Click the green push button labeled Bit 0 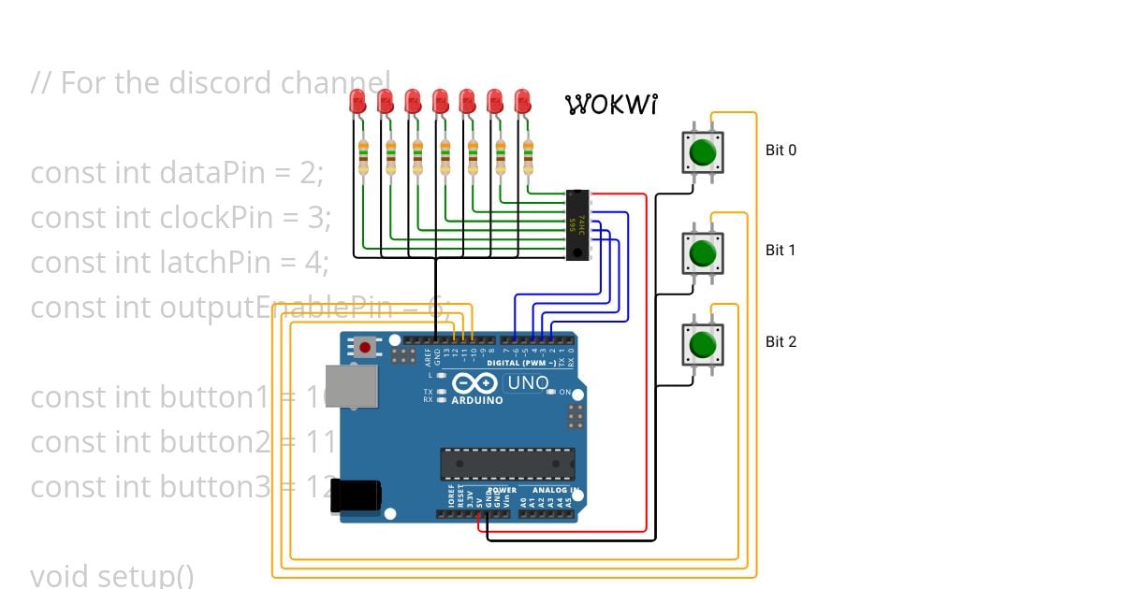coord(703,151)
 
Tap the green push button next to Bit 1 coord(703,251)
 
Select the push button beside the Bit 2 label coord(703,344)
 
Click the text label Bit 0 coord(780,150)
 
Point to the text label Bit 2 coord(780,342)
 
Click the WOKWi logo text coord(611,104)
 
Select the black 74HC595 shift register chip coord(578,225)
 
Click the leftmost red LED coord(357,102)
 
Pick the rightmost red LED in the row coord(523,102)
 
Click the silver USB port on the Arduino coord(354,385)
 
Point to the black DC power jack coord(356,496)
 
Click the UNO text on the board coord(527,383)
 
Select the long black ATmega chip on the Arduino coord(508,464)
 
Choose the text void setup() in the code coord(112,575)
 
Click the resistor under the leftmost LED coord(363,158)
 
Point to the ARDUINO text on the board coord(477,400)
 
